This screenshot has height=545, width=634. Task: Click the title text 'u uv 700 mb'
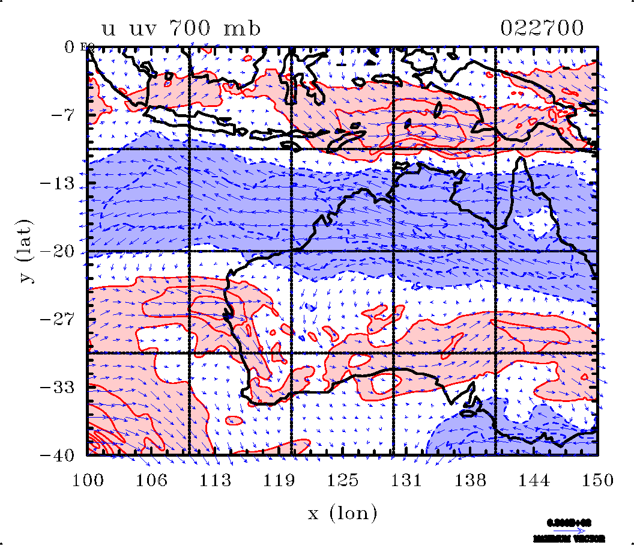pyautogui.click(x=182, y=29)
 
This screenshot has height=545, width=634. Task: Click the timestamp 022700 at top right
pyautogui.click(x=542, y=29)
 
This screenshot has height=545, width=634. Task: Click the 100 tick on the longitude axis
pyautogui.click(x=88, y=480)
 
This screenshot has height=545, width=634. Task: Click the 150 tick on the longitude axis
pyautogui.click(x=597, y=480)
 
